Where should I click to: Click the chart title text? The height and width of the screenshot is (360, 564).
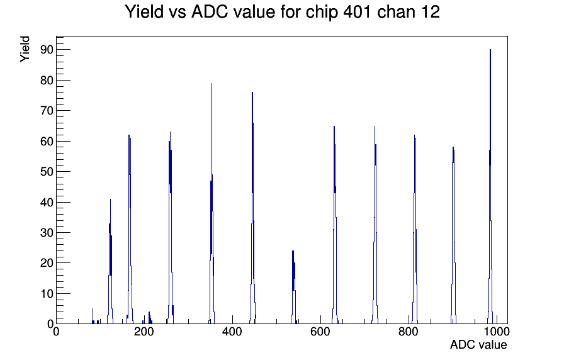pyautogui.click(x=282, y=12)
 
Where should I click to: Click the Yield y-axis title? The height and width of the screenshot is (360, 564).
pyautogui.click(x=25, y=49)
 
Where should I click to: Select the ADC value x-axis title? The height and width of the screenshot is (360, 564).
pyautogui.click(x=478, y=344)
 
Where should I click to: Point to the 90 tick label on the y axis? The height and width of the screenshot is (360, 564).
pyautogui.click(x=47, y=50)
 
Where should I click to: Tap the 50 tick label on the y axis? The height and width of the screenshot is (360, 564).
pyautogui.click(x=47, y=172)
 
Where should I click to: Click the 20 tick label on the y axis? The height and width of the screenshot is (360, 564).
pyautogui.click(x=47, y=263)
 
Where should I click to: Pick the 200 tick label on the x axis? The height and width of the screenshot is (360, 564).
pyautogui.click(x=144, y=331)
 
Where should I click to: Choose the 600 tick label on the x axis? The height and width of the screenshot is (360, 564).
pyautogui.click(x=320, y=331)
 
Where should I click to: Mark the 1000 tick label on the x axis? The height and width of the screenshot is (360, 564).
pyautogui.click(x=497, y=331)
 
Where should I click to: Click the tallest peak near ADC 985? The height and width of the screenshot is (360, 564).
pyautogui.click(x=490, y=180)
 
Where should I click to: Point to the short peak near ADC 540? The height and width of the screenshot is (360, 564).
pyautogui.click(x=293, y=284)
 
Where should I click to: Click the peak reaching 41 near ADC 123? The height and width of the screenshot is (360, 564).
pyautogui.click(x=110, y=259)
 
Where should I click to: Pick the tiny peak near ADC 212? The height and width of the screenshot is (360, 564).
pyautogui.click(x=149, y=318)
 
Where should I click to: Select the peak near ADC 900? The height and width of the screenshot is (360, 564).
pyautogui.click(x=453, y=233)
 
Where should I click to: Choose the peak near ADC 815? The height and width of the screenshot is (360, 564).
pyautogui.click(x=415, y=227)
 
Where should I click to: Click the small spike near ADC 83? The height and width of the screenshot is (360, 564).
pyautogui.click(x=93, y=316)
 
